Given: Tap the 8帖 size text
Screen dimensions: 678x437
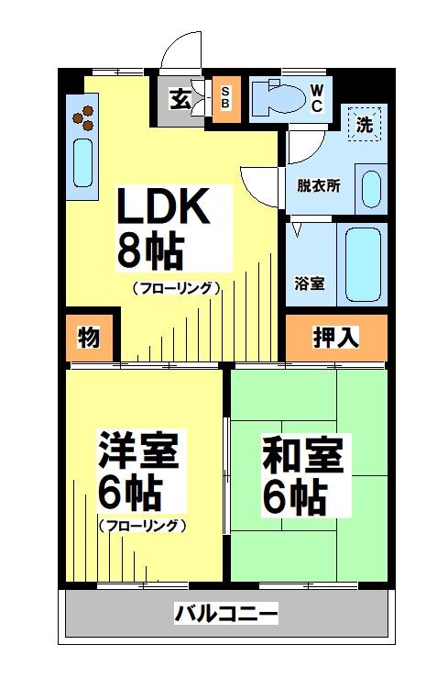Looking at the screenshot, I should click(148, 250).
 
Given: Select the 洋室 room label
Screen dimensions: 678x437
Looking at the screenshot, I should click(137, 451).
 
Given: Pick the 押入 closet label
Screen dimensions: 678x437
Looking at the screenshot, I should click(336, 338).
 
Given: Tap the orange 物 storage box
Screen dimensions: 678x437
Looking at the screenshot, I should click(89, 338).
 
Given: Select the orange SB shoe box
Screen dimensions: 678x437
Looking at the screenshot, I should click(224, 97).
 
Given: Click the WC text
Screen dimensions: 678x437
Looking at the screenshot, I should click(315, 97).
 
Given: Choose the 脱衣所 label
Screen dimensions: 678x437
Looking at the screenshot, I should click(318, 184).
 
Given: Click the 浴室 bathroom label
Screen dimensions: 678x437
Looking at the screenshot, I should click(309, 282).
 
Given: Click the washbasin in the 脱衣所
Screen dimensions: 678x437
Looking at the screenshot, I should click(371, 189).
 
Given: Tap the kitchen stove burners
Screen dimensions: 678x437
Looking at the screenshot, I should click(84, 116).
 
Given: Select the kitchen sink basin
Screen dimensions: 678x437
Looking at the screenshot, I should click(82, 163).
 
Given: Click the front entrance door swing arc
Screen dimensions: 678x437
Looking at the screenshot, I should click(180, 44).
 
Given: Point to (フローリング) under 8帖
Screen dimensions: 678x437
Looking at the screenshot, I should click(177, 288).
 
